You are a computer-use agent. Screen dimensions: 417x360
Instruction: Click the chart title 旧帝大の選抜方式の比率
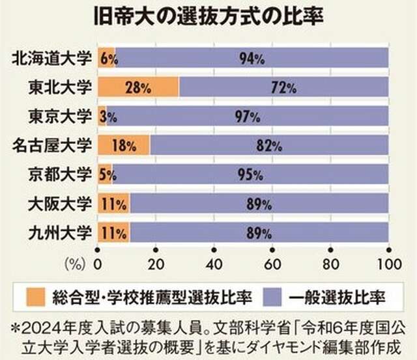click(208, 16)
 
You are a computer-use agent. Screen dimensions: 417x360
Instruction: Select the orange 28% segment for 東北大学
click(139, 87)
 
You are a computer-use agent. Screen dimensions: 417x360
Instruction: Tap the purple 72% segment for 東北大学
click(284, 87)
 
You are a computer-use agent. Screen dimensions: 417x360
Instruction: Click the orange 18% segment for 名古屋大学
click(124, 145)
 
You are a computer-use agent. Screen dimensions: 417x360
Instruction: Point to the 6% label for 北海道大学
click(109, 59)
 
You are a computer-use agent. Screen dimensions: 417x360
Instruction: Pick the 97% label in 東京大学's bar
click(248, 117)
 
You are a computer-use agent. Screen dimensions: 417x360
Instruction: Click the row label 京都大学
click(60, 174)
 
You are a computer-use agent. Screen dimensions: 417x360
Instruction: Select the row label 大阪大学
click(60, 204)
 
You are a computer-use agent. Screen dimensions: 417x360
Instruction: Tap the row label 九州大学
click(60, 232)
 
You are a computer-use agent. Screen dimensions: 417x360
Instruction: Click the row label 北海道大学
click(52, 58)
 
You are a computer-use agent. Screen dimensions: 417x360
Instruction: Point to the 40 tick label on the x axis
click(214, 264)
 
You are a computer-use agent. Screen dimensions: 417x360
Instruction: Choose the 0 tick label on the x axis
click(98, 264)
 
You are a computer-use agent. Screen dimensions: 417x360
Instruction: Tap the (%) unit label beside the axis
click(75, 264)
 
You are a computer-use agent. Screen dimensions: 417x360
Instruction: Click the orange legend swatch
click(36, 297)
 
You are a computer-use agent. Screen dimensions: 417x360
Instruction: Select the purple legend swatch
click(272, 297)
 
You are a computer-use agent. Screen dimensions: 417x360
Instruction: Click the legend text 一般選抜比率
click(337, 298)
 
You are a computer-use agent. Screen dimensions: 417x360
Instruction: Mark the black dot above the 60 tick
click(272, 250)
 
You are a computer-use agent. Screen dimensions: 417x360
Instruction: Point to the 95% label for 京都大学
click(250, 174)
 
